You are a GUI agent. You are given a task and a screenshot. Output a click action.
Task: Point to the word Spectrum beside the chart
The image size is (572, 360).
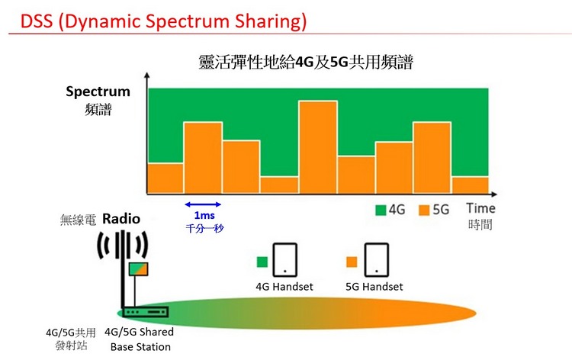(98, 92)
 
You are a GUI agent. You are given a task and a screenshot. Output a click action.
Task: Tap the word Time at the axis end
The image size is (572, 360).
(480, 208)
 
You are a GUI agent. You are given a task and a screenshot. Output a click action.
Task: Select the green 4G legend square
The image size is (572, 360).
(381, 209)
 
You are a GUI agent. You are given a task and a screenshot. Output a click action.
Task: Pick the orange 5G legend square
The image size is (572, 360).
(424, 209)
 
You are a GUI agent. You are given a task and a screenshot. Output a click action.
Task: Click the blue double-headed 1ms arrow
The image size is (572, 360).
(204, 204)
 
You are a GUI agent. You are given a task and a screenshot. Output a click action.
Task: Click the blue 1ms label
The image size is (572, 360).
(204, 216)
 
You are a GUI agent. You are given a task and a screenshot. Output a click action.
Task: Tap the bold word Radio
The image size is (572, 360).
(121, 219)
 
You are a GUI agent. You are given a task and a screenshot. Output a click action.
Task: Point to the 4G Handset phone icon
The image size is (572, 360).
(285, 260)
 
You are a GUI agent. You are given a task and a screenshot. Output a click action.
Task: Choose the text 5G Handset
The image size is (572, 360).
(374, 287)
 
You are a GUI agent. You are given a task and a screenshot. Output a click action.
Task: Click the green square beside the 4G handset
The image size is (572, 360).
(261, 261)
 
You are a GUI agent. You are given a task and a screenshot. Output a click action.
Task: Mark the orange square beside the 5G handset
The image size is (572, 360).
(352, 261)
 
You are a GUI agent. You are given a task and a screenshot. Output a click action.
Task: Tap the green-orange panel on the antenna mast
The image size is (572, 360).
(138, 268)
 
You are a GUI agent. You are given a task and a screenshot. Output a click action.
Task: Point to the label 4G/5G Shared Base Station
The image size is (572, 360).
(140, 339)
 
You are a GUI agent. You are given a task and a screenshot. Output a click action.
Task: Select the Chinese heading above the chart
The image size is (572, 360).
(304, 63)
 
